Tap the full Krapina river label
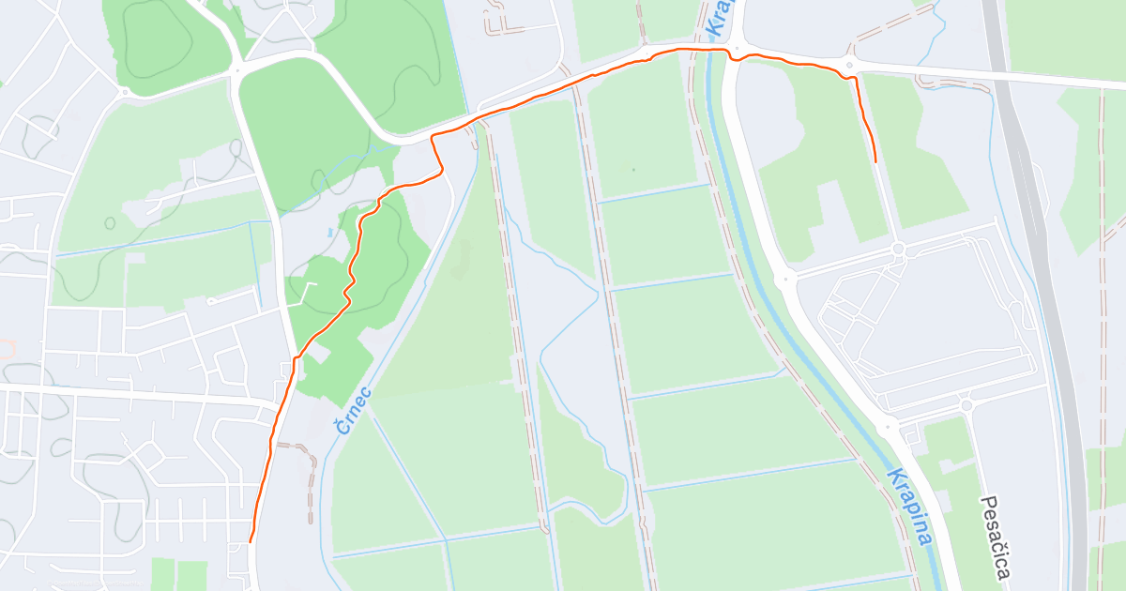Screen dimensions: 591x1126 pos(908,507)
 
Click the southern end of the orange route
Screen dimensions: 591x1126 pos(251,541)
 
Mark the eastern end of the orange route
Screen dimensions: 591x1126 pos(875,162)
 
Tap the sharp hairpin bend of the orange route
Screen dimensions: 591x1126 pos(433,138)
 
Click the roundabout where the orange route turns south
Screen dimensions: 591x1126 pos(849,65)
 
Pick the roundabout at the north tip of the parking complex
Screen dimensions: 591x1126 pos(898,249)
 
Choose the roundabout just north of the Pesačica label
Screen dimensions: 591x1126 pos(966,405)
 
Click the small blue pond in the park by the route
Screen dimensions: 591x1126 pos(329,231)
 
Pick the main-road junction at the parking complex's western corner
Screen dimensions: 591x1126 pos(785,278)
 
